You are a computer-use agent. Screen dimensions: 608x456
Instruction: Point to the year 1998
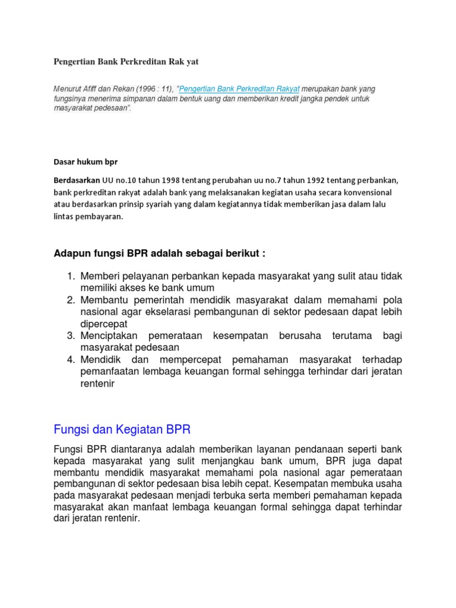(x=153, y=180)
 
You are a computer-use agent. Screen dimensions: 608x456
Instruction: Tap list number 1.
(x=70, y=276)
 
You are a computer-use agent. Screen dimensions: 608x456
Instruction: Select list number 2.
(x=70, y=300)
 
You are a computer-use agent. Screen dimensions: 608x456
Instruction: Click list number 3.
(x=70, y=336)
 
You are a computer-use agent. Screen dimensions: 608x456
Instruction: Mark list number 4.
(x=70, y=360)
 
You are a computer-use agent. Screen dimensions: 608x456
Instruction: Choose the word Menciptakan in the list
(x=109, y=336)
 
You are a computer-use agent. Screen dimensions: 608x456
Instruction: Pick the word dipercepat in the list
(x=104, y=324)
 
